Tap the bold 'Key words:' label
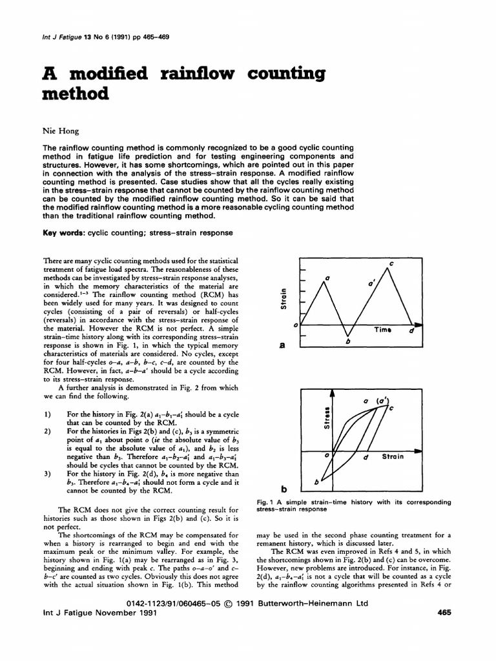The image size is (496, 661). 64,232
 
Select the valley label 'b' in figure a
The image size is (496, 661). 347,341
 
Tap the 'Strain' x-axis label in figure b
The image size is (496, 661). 393,456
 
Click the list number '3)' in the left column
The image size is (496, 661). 47,473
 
